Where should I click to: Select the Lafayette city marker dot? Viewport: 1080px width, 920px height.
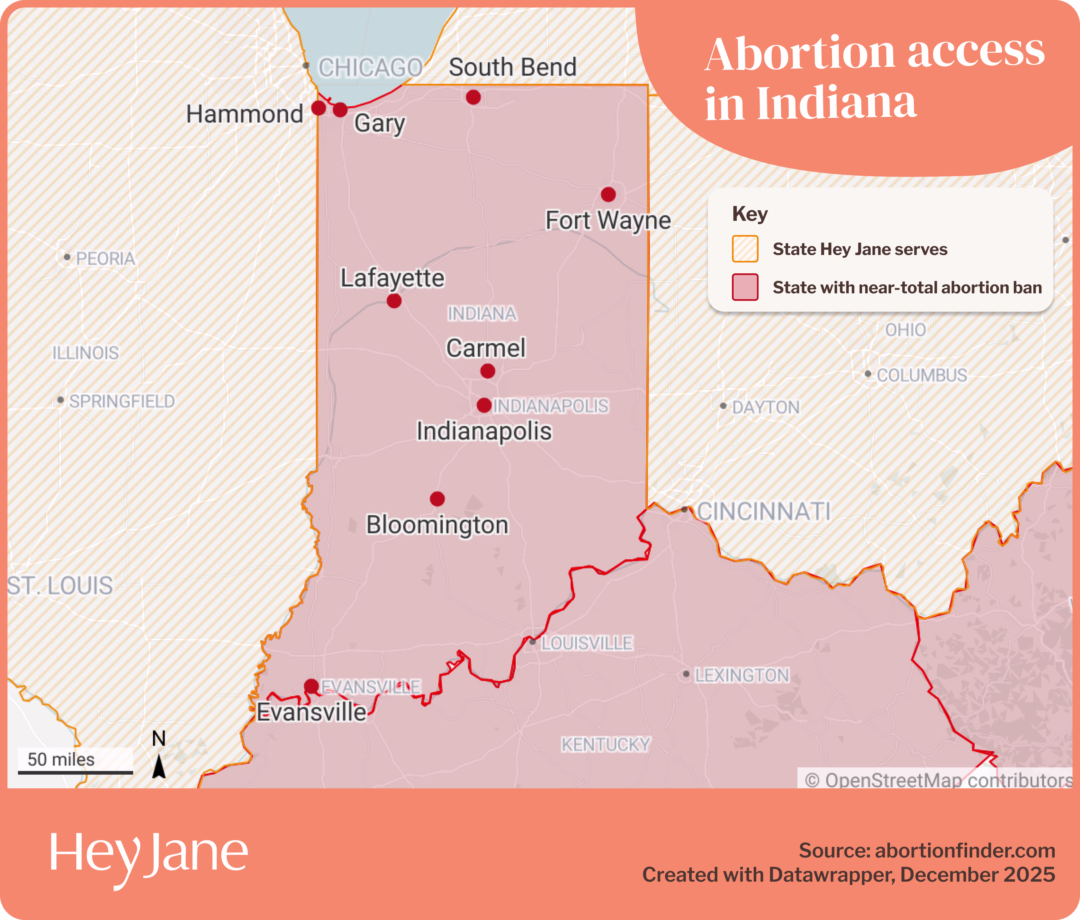tap(394, 301)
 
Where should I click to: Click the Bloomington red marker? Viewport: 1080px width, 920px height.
tap(437, 499)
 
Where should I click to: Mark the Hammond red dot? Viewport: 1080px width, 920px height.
tap(319, 109)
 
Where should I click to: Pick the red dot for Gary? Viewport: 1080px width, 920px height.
tap(340, 110)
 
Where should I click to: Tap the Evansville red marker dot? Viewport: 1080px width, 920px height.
tap(311, 686)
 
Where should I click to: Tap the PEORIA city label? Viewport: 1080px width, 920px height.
tap(105, 259)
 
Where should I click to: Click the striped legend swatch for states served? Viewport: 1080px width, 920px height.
tap(745, 249)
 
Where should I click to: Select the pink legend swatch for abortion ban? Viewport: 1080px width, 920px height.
tap(745, 287)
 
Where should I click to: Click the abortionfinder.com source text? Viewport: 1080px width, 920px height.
tap(964, 851)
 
